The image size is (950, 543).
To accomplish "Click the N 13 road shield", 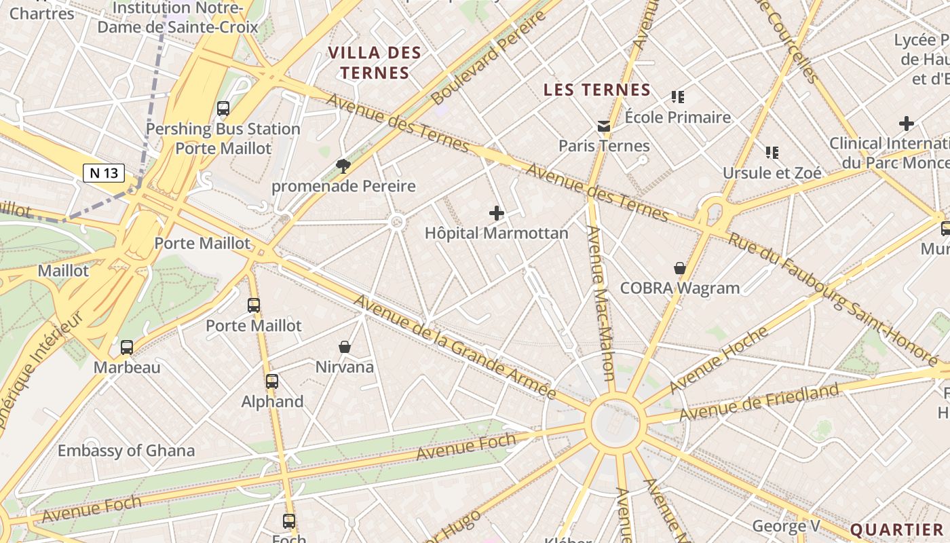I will coord(104,172).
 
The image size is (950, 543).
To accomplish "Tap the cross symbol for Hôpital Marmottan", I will coord(497,213).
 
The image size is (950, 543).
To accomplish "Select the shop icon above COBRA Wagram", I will coord(679,268).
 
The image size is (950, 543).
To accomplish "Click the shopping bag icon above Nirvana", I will coord(345,347).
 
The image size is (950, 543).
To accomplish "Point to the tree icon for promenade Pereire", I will coord(343,166).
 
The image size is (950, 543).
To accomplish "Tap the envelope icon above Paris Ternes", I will coord(603,126).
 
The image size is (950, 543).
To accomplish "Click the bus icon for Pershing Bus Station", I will coord(223,109).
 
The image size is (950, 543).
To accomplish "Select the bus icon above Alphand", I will coord(272,381).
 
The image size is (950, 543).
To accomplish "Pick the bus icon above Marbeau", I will coord(127,348).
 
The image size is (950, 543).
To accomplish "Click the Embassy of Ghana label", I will coord(126,451).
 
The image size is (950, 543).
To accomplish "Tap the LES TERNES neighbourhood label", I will coord(597,90).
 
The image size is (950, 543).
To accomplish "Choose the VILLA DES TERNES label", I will coord(375,62).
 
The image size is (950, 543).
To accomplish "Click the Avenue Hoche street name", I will coord(719,360).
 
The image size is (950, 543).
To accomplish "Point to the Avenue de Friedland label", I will coord(759,402).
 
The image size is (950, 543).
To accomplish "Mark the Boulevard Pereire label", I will coord(489,58).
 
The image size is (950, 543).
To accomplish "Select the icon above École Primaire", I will coord(677,97).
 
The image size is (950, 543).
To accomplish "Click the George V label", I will coord(786,526).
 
